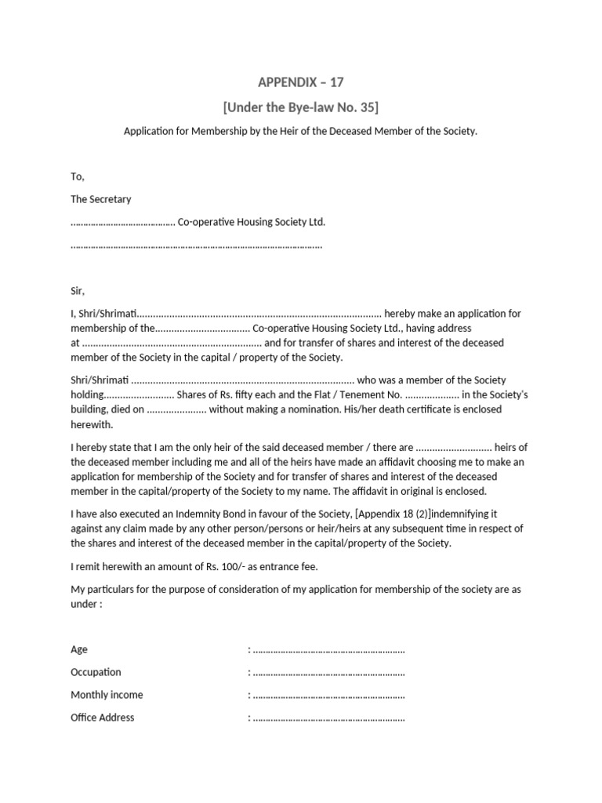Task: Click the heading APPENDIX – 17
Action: pyautogui.click(x=301, y=82)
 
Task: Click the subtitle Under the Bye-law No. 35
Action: pyautogui.click(x=301, y=107)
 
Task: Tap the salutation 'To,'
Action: pyautogui.click(x=77, y=176)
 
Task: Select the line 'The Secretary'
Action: pyautogui.click(x=101, y=199)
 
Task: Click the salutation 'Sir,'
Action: pyautogui.click(x=77, y=290)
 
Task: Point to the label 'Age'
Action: pyautogui.click(x=79, y=649)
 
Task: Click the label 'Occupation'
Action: pyautogui.click(x=96, y=672)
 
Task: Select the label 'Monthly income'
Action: pyautogui.click(x=107, y=695)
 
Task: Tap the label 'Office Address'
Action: pyautogui.click(x=102, y=718)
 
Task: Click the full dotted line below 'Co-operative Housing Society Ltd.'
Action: pyautogui.click(x=196, y=245)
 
